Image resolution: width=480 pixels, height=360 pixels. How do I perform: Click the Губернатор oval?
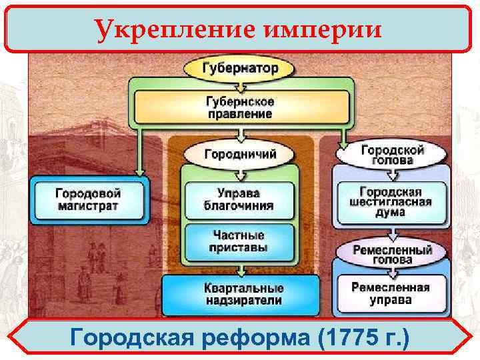(x=241, y=68)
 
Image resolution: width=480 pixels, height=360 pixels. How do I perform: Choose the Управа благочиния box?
(x=238, y=199)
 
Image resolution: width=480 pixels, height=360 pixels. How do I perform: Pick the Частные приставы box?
(x=238, y=241)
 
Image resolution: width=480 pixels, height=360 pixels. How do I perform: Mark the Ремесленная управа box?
(x=391, y=293)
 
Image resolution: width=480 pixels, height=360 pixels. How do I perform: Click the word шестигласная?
(x=391, y=201)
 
